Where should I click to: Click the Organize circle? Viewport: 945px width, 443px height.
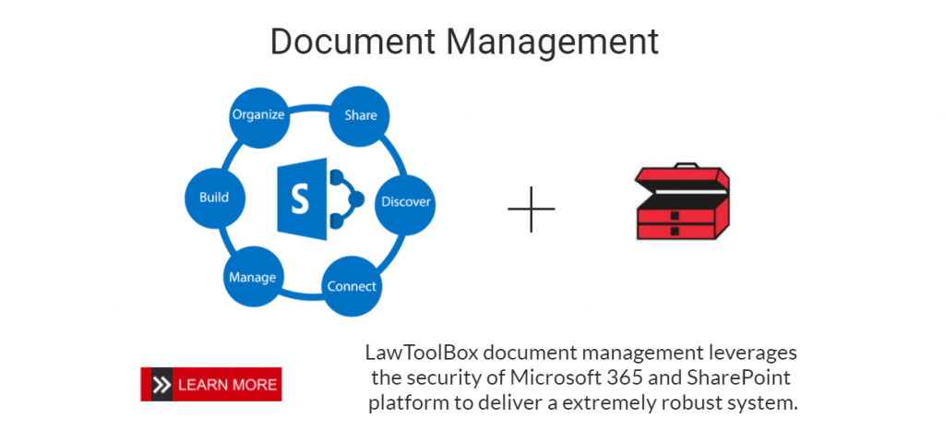pyautogui.click(x=258, y=115)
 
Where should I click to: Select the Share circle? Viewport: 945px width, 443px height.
pyautogui.click(x=360, y=115)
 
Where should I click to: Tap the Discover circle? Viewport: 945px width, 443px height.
pyautogui.click(x=405, y=201)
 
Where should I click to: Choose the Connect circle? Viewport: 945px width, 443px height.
pyautogui.click(x=352, y=286)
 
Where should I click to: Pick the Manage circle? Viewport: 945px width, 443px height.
pyautogui.click(x=251, y=276)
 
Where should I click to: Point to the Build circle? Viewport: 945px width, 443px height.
pyautogui.click(x=214, y=197)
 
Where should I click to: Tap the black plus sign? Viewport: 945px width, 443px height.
pyautogui.click(x=532, y=208)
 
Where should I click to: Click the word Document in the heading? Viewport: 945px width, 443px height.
pyautogui.click(x=345, y=42)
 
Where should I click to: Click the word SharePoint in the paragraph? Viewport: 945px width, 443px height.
pyautogui.click(x=744, y=377)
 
